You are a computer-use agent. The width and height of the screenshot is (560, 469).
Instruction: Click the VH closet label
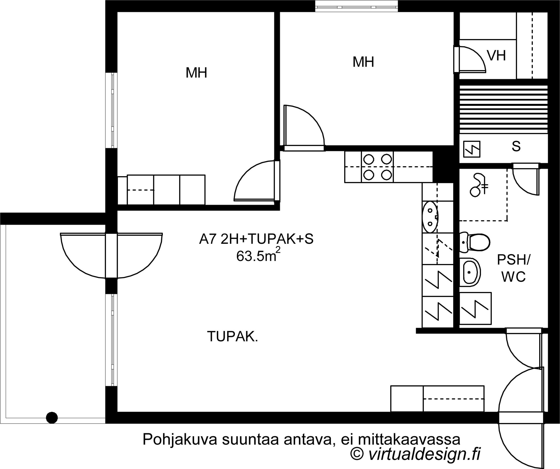point(496,56)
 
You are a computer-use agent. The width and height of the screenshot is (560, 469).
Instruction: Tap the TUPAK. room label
point(232,337)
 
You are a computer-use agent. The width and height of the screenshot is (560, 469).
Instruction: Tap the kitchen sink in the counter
point(430,217)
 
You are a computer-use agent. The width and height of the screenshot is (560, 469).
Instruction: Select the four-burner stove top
point(377,167)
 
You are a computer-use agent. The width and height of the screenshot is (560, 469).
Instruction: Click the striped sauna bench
point(503,109)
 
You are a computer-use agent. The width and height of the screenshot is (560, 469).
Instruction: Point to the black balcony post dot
point(52,418)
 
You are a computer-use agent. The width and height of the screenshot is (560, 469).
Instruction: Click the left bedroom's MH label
point(196,73)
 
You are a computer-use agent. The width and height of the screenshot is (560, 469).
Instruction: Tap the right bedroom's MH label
point(363,62)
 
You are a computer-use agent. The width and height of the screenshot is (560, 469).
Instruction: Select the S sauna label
point(516,147)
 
